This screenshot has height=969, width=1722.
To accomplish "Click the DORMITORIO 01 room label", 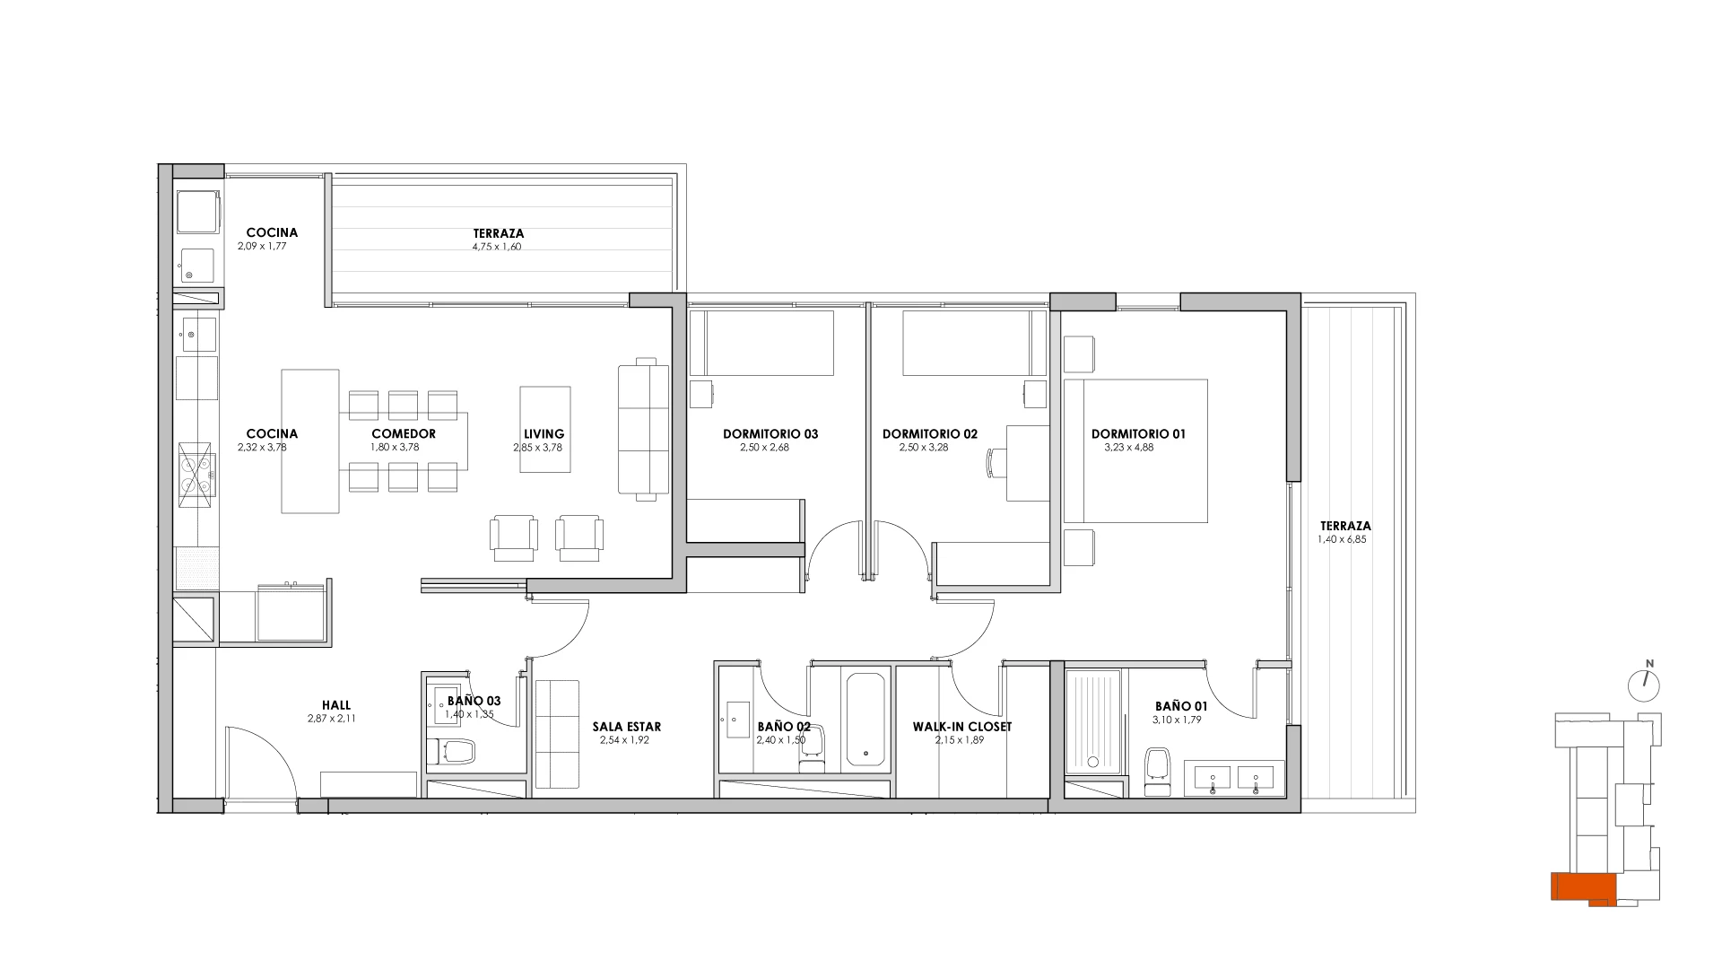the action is pyautogui.click(x=1138, y=434).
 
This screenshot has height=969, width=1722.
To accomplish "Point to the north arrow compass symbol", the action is pyautogui.click(x=1644, y=685).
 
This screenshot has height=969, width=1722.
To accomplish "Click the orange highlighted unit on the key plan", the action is pyautogui.click(x=1584, y=912).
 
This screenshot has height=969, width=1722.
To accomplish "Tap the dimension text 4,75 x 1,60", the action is pyautogui.click(x=499, y=247).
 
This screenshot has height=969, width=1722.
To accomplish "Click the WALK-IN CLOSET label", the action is pyautogui.click(x=961, y=727).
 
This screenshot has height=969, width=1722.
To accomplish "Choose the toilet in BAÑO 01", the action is pyautogui.click(x=1158, y=769).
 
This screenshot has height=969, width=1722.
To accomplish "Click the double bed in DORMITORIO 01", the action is pyautogui.click(x=1135, y=450).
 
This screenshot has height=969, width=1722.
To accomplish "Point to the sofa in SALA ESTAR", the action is pyautogui.click(x=558, y=735).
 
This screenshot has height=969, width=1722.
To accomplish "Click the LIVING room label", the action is pyautogui.click(x=544, y=434).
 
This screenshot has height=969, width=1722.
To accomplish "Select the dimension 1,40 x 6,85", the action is pyautogui.click(x=1342, y=540).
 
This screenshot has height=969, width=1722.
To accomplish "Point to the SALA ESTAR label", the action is pyautogui.click(x=626, y=727).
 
